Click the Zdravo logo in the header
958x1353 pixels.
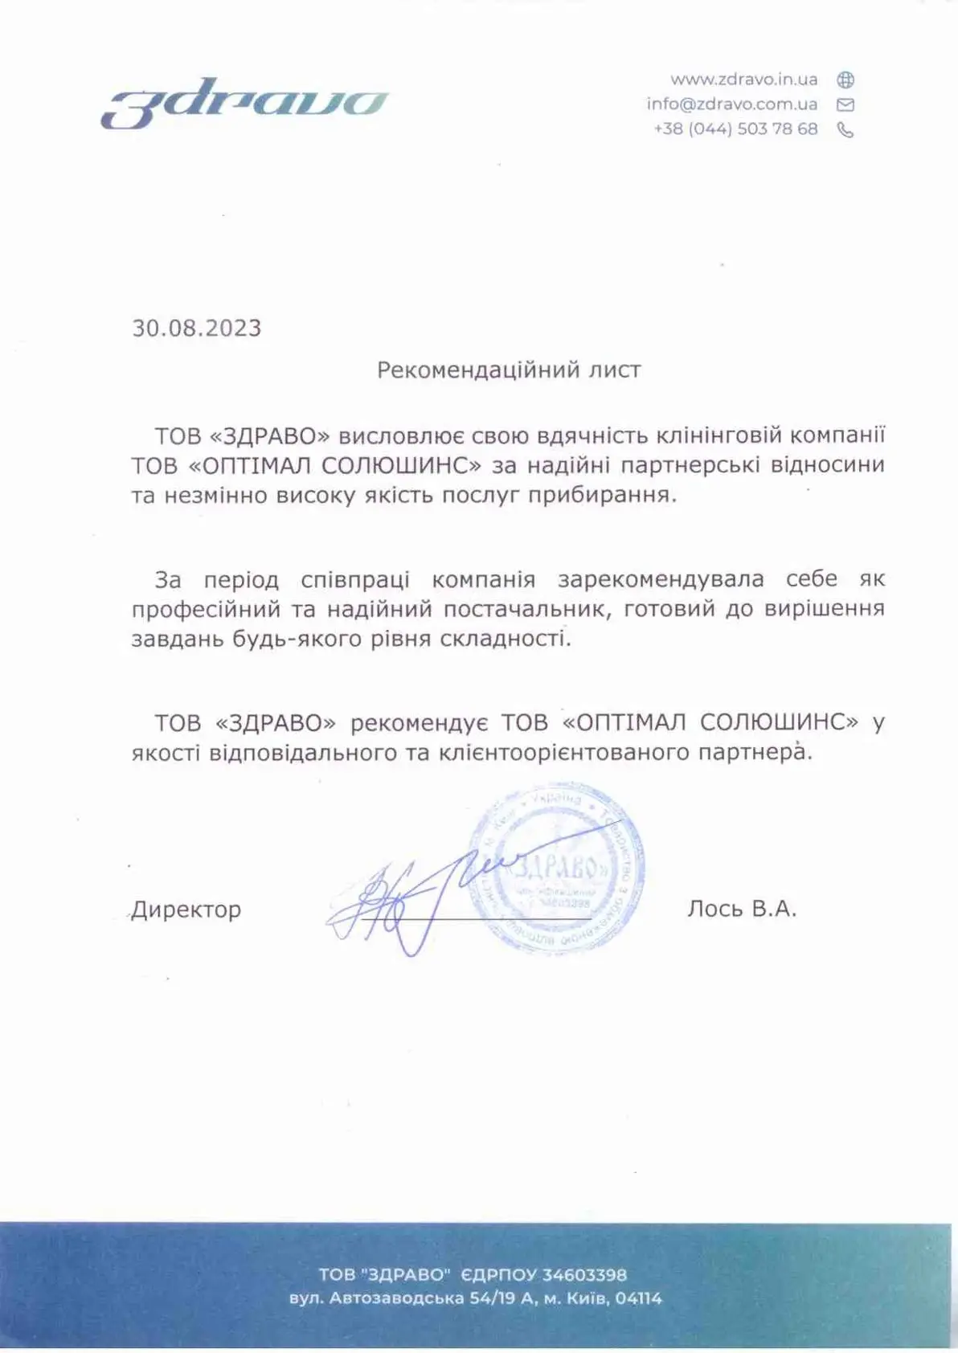point(245,103)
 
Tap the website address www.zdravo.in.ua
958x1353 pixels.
point(743,80)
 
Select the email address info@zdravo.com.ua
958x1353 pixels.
point(731,104)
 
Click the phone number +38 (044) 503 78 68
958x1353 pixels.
point(735,129)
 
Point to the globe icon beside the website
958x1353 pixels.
point(845,80)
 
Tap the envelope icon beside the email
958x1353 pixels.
point(845,104)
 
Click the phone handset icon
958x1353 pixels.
point(845,130)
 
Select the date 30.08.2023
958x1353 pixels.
point(197,328)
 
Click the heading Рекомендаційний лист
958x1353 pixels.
point(509,370)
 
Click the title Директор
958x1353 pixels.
point(186,909)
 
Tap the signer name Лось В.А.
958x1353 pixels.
point(741,909)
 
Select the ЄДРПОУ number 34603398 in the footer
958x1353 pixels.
point(584,1275)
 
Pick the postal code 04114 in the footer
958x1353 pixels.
point(639,1298)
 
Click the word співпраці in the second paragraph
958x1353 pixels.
point(355,579)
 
